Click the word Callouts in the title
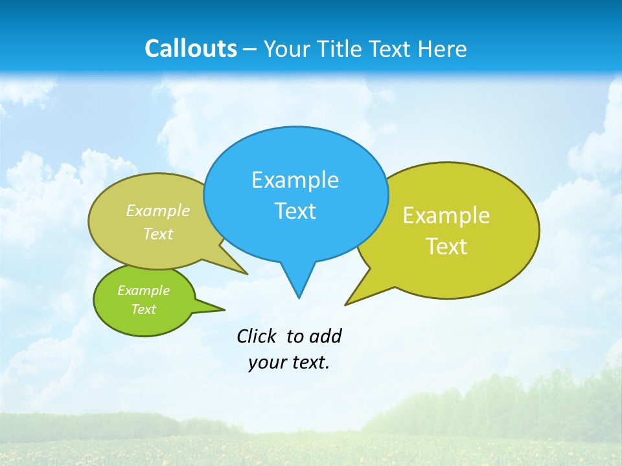(190, 49)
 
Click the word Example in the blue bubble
(295, 180)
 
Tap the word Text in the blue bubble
(295, 211)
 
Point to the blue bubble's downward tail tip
(299, 297)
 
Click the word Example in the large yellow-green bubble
(446, 216)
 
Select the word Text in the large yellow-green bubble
(446, 247)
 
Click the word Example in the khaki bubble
(158, 211)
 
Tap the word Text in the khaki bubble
(158, 234)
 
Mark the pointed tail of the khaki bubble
(246, 274)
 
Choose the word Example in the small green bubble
(143, 291)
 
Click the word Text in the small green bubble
(143, 309)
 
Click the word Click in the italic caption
(257, 337)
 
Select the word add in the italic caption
(325, 337)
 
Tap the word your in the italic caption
(266, 363)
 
